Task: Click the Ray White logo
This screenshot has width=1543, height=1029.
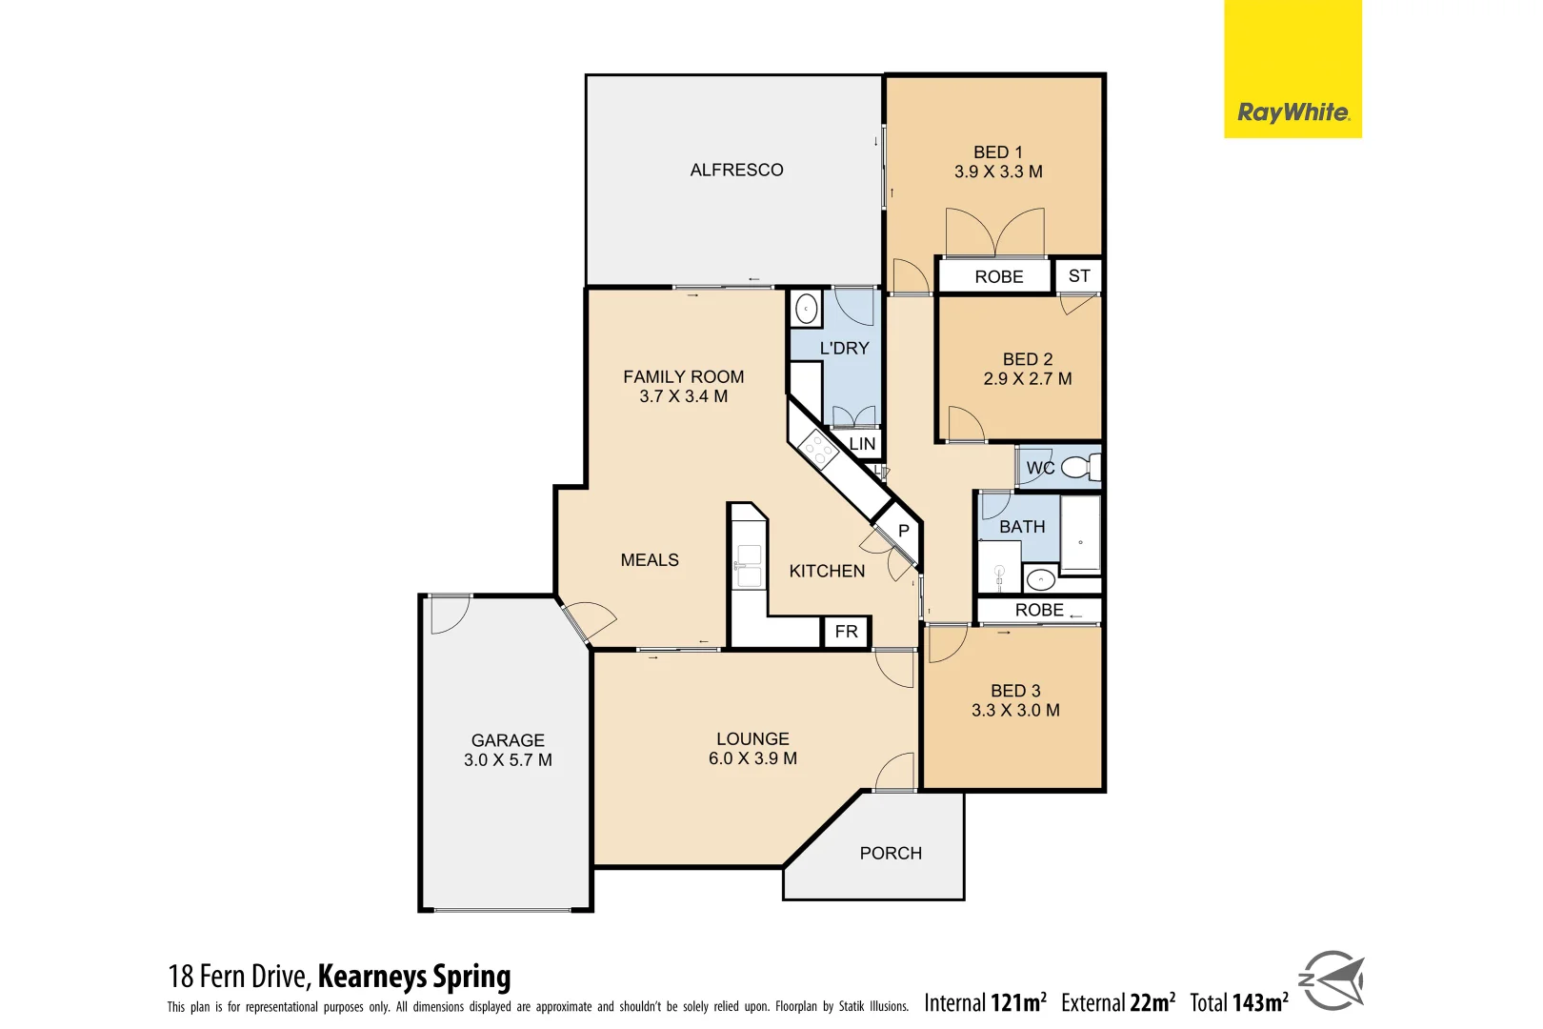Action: coord(1292,112)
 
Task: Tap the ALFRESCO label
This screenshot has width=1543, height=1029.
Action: coord(736,170)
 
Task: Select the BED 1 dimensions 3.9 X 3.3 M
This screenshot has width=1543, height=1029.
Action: coord(998,172)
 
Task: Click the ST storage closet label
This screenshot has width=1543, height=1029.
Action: coord(1078,276)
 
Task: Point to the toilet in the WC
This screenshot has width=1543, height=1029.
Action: coord(1079,468)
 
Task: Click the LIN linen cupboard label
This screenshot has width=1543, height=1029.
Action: coord(862,444)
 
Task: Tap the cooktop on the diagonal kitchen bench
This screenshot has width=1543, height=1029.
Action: coord(817,450)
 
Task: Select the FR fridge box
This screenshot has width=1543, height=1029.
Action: coord(846,632)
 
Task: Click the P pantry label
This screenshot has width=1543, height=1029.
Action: coord(903,531)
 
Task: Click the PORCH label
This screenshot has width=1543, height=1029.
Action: coord(891,854)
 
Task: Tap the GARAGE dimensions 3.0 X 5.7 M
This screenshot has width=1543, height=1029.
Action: coord(508,760)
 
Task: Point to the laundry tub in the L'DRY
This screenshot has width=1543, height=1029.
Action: coord(806,310)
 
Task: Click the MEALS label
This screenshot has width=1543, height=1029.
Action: coord(650,560)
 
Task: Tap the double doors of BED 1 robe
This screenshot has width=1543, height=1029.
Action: coord(994,233)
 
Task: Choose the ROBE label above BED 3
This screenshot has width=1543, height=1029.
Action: coord(1038,610)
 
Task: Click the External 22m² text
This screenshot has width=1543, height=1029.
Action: coord(1117,1002)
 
